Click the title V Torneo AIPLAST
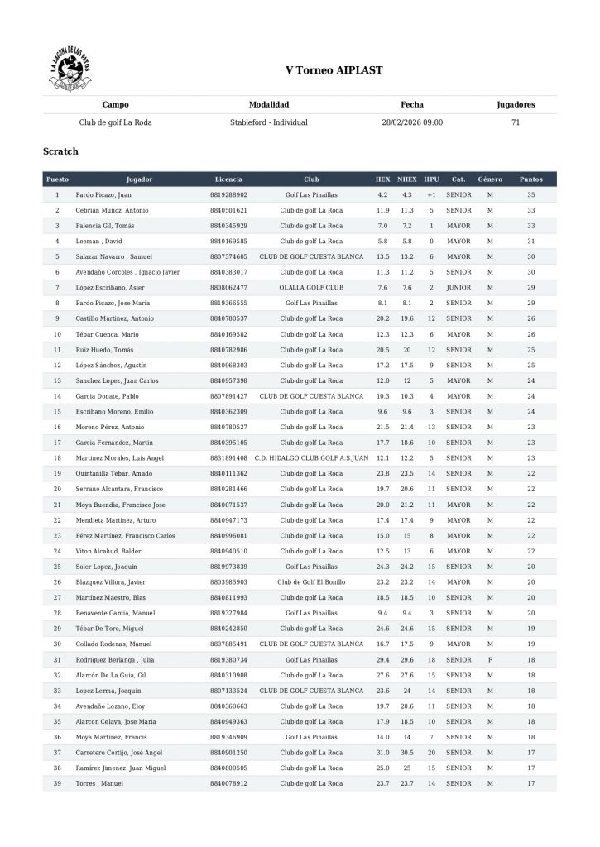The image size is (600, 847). (x=334, y=71)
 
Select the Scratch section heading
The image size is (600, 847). (x=60, y=151)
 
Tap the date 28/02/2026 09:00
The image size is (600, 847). (x=412, y=122)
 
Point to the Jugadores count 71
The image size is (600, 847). (x=516, y=122)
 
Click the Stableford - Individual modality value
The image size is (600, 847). (x=269, y=122)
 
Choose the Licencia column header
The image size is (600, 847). (x=228, y=179)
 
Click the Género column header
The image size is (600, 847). (x=490, y=179)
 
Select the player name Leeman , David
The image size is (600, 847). (x=98, y=241)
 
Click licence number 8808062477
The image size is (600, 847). (x=228, y=287)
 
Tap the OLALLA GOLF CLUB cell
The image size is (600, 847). (x=311, y=287)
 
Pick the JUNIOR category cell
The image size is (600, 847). (x=458, y=287)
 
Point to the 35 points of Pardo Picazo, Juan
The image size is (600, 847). (x=531, y=194)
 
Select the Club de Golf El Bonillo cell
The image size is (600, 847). (x=311, y=582)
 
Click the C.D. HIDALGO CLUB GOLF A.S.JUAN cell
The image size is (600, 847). (x=311, y=458)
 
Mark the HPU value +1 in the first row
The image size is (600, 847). (x=431, y=194)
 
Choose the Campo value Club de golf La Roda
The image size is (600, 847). (x=115, y=122)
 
